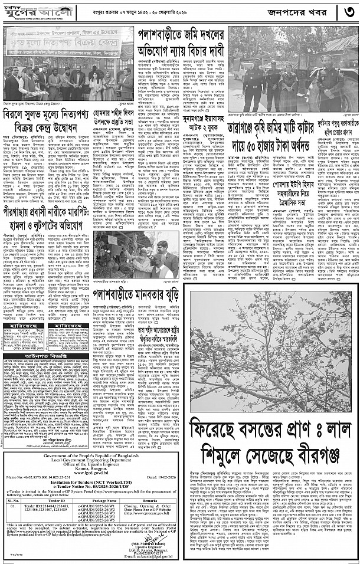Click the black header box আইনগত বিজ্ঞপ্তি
click(47, 356)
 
